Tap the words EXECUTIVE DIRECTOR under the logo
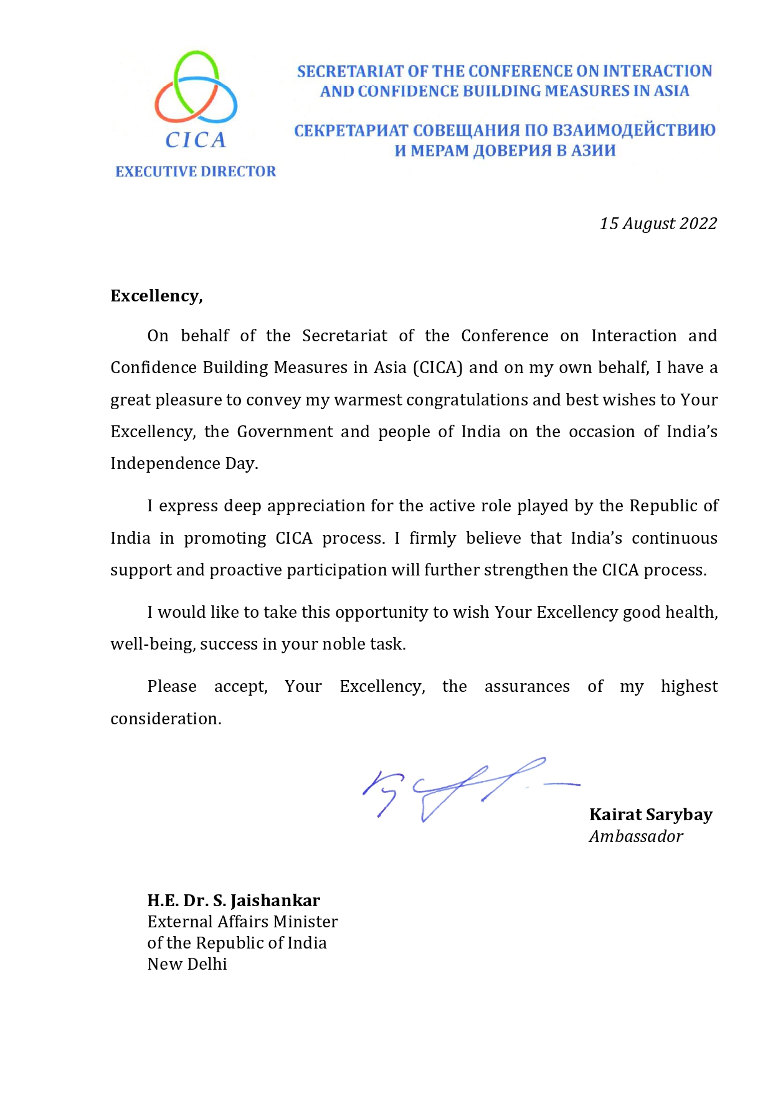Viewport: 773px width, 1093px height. coord(196,171)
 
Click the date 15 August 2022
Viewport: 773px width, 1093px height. coord(658,224)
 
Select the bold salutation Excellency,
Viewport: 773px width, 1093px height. coord(156,296)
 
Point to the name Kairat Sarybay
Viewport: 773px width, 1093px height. coord(650,815)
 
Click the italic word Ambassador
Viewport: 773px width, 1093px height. coord(635,836)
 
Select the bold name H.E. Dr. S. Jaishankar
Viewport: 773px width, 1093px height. coord(234,901)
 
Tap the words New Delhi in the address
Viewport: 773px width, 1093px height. coord(187,964)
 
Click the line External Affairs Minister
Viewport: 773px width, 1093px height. coord(242,922)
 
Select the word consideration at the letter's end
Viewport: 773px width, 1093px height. coord(166,719)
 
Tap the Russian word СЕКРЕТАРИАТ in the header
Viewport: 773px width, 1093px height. coord(350,131)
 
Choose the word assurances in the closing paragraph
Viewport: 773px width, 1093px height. coord(527,686)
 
